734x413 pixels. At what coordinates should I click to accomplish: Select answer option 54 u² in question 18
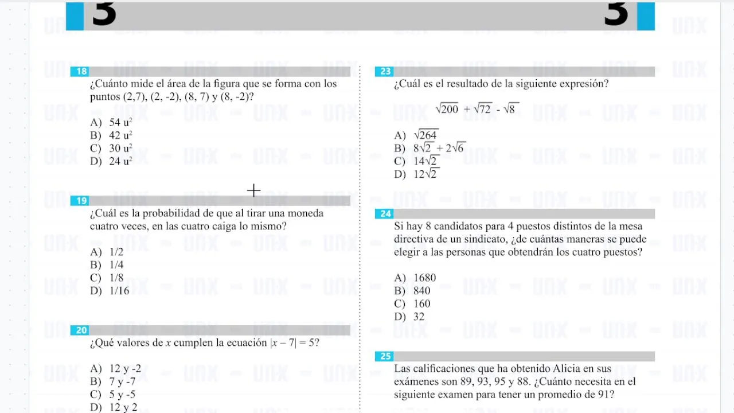click(120, 122)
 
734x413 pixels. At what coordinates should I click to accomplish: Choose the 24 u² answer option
click(120, 161)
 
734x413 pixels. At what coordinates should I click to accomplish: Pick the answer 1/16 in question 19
click(119, 291)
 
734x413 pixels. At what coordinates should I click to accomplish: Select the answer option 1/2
click(116, 252)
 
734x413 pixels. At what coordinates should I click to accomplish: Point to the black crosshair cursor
click(253, 190)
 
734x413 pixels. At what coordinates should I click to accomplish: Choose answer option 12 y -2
click(125, 369)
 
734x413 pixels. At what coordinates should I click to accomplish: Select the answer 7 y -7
click(122, 381)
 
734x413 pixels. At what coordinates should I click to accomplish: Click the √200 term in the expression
click(447, 109)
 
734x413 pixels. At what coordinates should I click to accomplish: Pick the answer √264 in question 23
click(425, 135)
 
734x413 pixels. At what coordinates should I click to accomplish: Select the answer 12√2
click(425, 174)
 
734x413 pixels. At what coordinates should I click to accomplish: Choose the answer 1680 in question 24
click(424, 278)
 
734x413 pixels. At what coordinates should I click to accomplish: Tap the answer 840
click(421, 291)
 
